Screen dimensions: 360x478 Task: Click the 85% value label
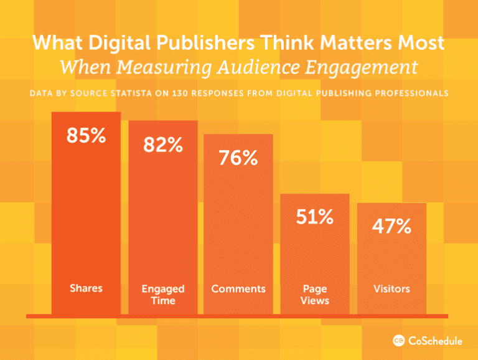(x=86, y=136)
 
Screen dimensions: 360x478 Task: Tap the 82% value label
(x=162, y=145)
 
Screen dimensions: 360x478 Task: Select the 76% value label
(x=238, y=158)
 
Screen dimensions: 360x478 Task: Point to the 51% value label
(x=314, y=217)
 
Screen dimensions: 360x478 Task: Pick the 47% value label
(x=391, y=227)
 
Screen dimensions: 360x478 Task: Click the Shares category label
(x=86, y=288)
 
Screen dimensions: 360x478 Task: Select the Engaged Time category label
(x=162, y=295)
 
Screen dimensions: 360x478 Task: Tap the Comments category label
(x=238, y=289)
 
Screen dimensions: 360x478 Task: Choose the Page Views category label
(x=314, y=295)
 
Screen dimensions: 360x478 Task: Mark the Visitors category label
(x=391, y=289)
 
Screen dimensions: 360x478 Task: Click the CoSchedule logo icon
(x=399, y=340)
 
